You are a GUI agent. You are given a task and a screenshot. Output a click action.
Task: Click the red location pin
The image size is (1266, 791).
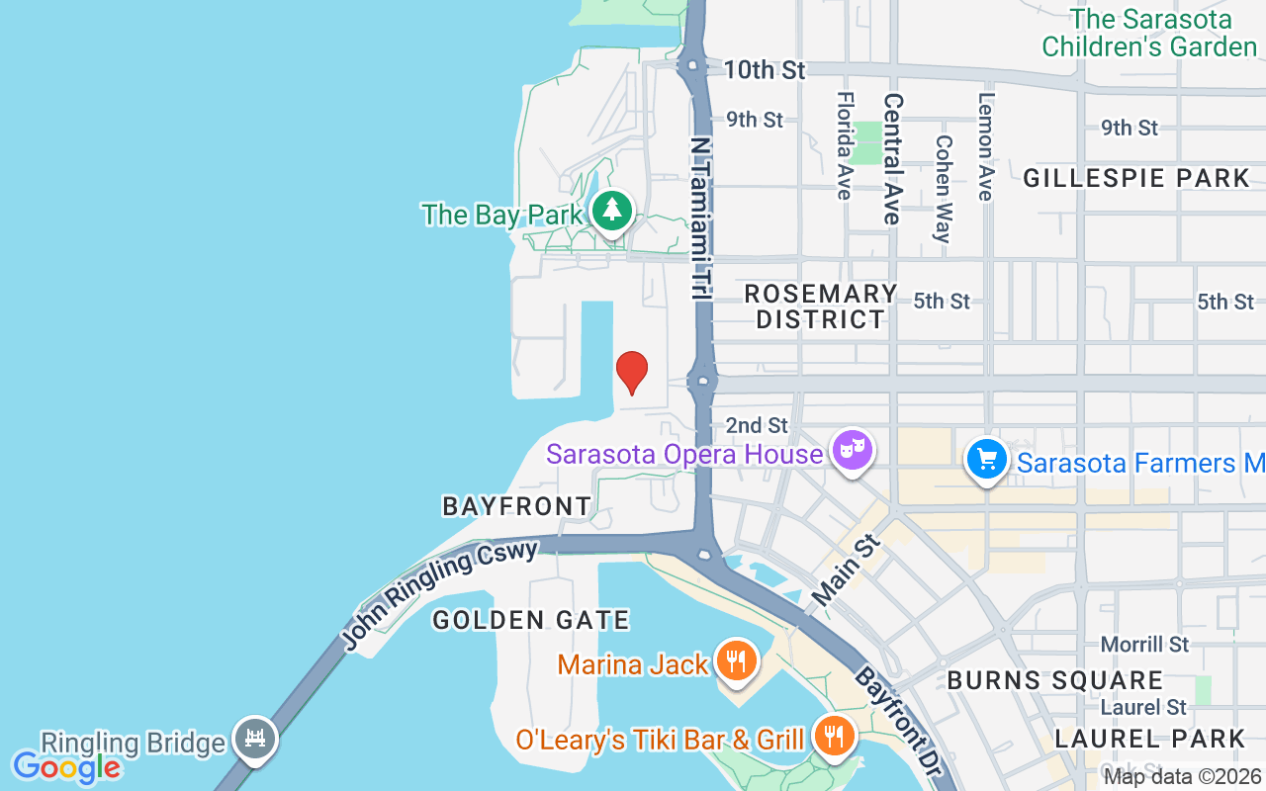632,372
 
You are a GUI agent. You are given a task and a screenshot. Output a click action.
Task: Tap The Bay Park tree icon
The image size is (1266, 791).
613,211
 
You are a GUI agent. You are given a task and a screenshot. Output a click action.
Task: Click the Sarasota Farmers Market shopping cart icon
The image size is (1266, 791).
986,460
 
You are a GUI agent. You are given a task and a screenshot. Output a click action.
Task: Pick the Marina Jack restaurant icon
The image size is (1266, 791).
735,660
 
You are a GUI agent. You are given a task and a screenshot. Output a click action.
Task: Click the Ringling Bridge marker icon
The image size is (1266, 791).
255,738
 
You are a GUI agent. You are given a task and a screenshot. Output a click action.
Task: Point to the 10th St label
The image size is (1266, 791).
765,70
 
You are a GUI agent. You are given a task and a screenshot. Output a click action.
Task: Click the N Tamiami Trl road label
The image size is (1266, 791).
701,218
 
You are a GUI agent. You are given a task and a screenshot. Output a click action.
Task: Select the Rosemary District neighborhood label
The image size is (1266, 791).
820,307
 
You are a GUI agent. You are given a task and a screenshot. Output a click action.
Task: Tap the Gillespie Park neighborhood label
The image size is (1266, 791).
1136,178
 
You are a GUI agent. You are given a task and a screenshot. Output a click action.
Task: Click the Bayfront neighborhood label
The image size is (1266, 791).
516,506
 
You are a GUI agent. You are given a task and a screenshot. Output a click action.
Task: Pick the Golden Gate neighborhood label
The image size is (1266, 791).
531,620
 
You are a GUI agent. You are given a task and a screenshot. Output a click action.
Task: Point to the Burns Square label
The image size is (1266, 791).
1055,680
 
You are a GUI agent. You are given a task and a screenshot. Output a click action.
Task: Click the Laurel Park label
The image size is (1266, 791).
1149,739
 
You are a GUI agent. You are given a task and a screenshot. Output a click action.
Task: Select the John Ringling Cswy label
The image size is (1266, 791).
441,595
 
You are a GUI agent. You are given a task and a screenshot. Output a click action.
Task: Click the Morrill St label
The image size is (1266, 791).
1144,645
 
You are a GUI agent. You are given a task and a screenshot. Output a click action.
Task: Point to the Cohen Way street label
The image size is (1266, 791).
942,189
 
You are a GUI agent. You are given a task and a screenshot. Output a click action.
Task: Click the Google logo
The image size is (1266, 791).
66,766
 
